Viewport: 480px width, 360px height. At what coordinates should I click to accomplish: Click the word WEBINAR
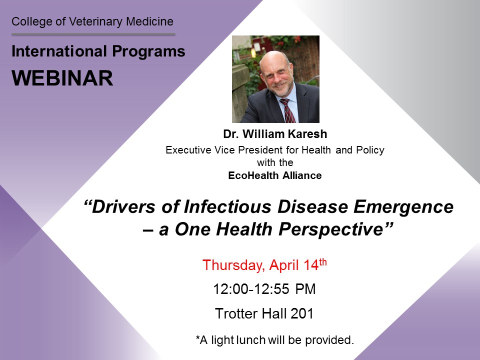pos(62,78)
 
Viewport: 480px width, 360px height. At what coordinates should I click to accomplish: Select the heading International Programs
pos(98,51)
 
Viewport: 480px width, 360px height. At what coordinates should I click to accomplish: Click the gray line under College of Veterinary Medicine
pos(93,34)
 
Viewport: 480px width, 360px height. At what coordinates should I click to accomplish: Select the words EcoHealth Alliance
pos(275,175)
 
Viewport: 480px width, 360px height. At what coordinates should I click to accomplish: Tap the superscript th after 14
pos(323,262)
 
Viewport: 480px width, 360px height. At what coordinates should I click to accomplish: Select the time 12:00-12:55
pos(251,289)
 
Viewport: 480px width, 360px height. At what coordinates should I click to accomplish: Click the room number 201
pos(302,313)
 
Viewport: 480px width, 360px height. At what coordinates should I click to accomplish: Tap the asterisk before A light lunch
pos(198,337)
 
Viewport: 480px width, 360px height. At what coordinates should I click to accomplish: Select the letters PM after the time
pos(305,289)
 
